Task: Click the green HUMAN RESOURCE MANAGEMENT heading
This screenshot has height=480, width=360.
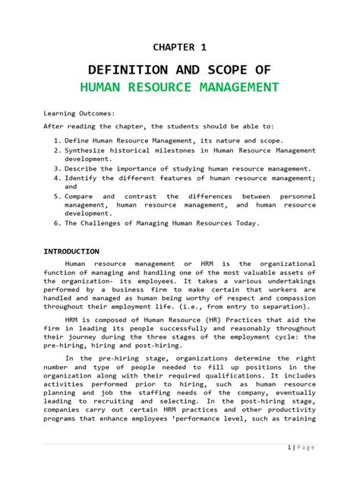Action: click(179, 87)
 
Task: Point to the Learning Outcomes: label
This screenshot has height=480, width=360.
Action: click(79, 112)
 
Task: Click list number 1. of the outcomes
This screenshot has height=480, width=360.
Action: click(58, 141)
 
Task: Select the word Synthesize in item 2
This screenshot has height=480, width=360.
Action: click(90, 151)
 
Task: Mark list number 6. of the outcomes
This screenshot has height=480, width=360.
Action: click(58, 223)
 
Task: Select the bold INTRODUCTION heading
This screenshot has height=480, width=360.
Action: click(71, 251)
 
